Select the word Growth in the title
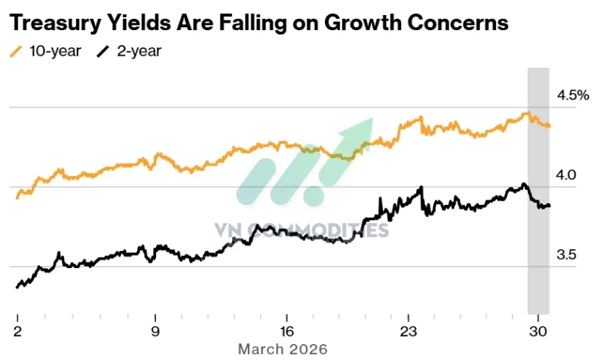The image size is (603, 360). [x=359, y=23]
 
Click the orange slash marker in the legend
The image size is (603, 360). [x=16, y=52]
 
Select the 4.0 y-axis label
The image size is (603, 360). [x=566, y=175]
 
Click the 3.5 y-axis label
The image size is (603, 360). [x=566, y=255]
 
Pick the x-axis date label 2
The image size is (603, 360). [x=17, y=331]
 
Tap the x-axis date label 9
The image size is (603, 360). [x=155, y=331]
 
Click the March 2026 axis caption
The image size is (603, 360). [x=283, y=349]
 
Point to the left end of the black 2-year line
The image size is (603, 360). [x=17, y=286]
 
